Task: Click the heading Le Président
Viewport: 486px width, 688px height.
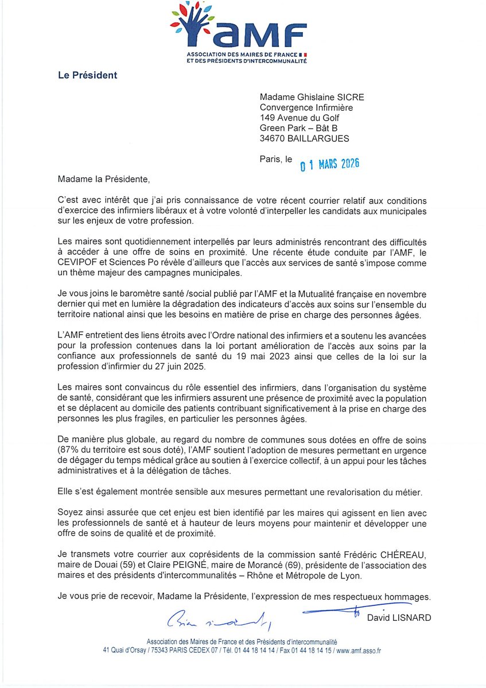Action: [87, 75]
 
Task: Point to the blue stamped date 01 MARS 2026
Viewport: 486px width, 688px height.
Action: [330, 165]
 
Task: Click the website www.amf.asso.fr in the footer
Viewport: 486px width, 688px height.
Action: [359, 650]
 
